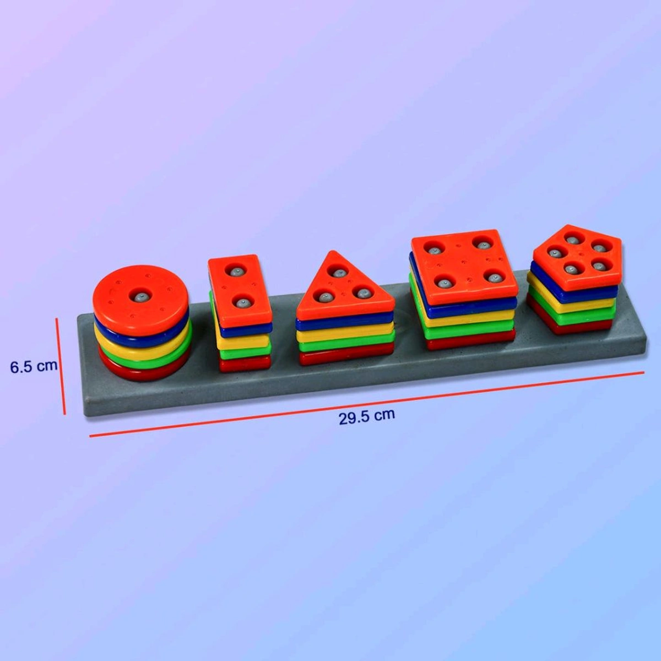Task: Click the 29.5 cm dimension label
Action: pyautogui.click(x=366, y=415)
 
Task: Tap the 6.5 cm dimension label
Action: pyautogui.click(x=34, y=366)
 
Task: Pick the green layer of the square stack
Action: pyautogui.click(x=468, y=332)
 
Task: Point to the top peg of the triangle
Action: pyautogui.click(x=338, y=272)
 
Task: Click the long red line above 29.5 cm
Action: pyautogui.click(x=366, y=403)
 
